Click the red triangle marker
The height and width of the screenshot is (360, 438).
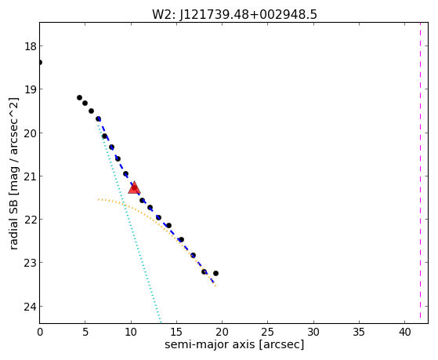point(134,187)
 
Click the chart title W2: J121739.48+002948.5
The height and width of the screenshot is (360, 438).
point(234,15)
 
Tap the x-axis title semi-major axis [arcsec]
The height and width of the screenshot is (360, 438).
point(234,344)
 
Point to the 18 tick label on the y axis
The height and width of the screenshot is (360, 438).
point(31,46)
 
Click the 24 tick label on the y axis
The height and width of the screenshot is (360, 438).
point(31,307)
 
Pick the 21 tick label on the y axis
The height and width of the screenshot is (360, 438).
point(31,176)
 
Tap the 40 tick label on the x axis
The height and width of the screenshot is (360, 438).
point(405,332)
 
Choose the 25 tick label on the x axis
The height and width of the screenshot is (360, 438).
point(268,332)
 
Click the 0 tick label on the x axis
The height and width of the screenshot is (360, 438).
point(40,332)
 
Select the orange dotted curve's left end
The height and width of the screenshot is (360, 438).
point(99,199)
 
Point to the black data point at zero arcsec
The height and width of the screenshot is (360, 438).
point(40,62)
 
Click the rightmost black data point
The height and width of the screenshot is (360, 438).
point(215,273)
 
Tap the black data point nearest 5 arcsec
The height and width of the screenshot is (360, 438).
point(85,104)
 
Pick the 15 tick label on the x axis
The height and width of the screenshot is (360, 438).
point(176,332)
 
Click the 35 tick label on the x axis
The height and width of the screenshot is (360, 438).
point(359,332)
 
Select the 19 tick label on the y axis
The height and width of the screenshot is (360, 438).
point(31,89)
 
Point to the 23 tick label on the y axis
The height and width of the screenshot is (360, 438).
point(31,263)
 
